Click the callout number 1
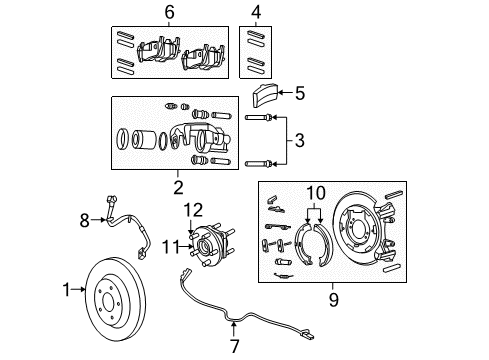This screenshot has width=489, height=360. coord(66,290)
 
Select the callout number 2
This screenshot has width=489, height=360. coord(177,186)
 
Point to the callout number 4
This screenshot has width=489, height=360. coord(255,12)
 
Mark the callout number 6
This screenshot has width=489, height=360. coord(169,12)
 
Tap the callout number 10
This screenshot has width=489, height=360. coord(316,192)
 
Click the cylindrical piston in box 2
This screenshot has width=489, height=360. coord(151,140)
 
